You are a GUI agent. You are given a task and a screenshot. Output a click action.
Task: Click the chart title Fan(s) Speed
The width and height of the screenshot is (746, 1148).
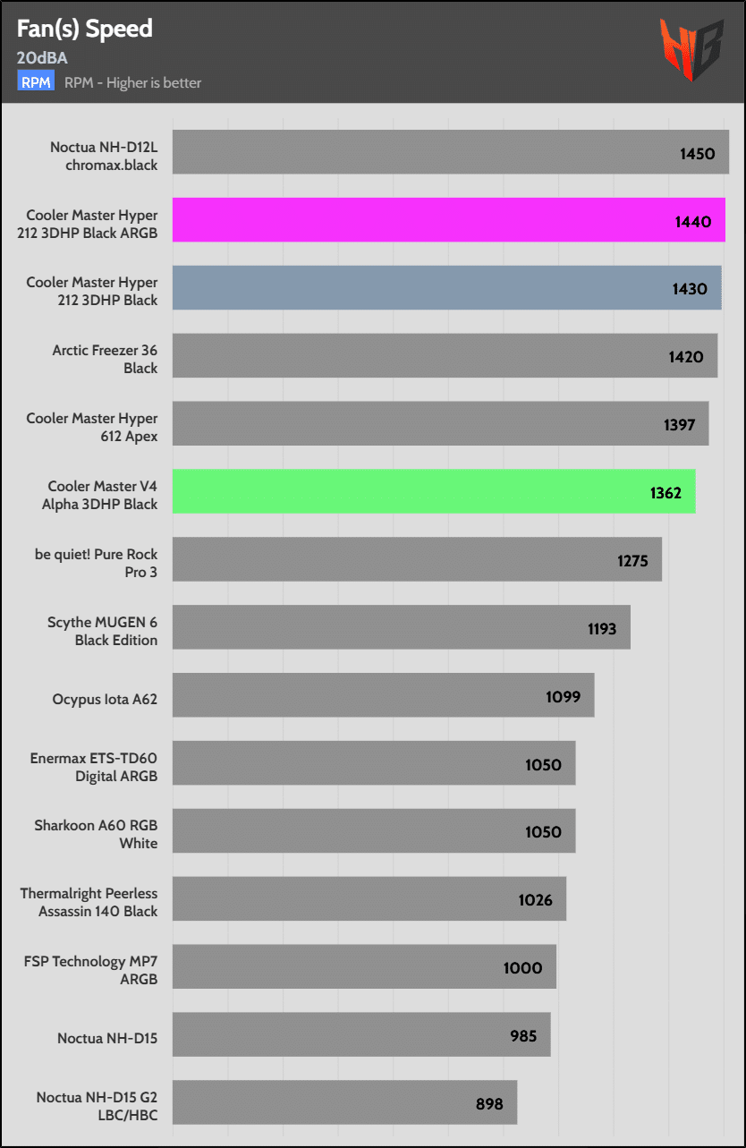pyautogui.click(x=85, y=29)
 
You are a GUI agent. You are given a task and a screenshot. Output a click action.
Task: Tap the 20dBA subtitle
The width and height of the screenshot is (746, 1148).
pyautogui.click(x=42, y=58)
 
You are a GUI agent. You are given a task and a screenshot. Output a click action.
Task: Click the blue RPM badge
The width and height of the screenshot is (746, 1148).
pyautogui.click(x=36, y=82)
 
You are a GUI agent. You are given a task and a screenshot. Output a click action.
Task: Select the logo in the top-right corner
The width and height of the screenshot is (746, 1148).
pyautogui.click(x=691, y=48)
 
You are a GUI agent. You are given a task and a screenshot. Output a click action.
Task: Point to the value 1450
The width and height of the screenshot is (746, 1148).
pyautogui.click(x=697, y=153)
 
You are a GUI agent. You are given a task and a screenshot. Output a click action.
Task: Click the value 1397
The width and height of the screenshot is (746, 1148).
pyautogui.click(x=680, y=424)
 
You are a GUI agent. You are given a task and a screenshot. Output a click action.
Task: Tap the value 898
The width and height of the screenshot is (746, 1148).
pyautogui.click(x=489, y=1103)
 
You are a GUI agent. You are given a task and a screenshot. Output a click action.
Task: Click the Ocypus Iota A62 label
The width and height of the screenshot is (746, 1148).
pyautogui.click(x=105, y=699)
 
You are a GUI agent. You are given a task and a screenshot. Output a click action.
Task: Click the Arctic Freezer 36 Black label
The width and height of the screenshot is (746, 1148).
pyautogui.click(x=105, y=359)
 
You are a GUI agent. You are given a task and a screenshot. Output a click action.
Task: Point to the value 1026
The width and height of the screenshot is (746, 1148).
pyautogui.click(x=535, y=900)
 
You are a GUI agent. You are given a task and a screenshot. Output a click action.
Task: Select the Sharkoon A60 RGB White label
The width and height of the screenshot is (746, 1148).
pyautogui.click(x=96, y=834)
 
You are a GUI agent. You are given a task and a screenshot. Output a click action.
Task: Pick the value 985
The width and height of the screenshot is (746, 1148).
pyautogui.click(x=523, y=1035)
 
